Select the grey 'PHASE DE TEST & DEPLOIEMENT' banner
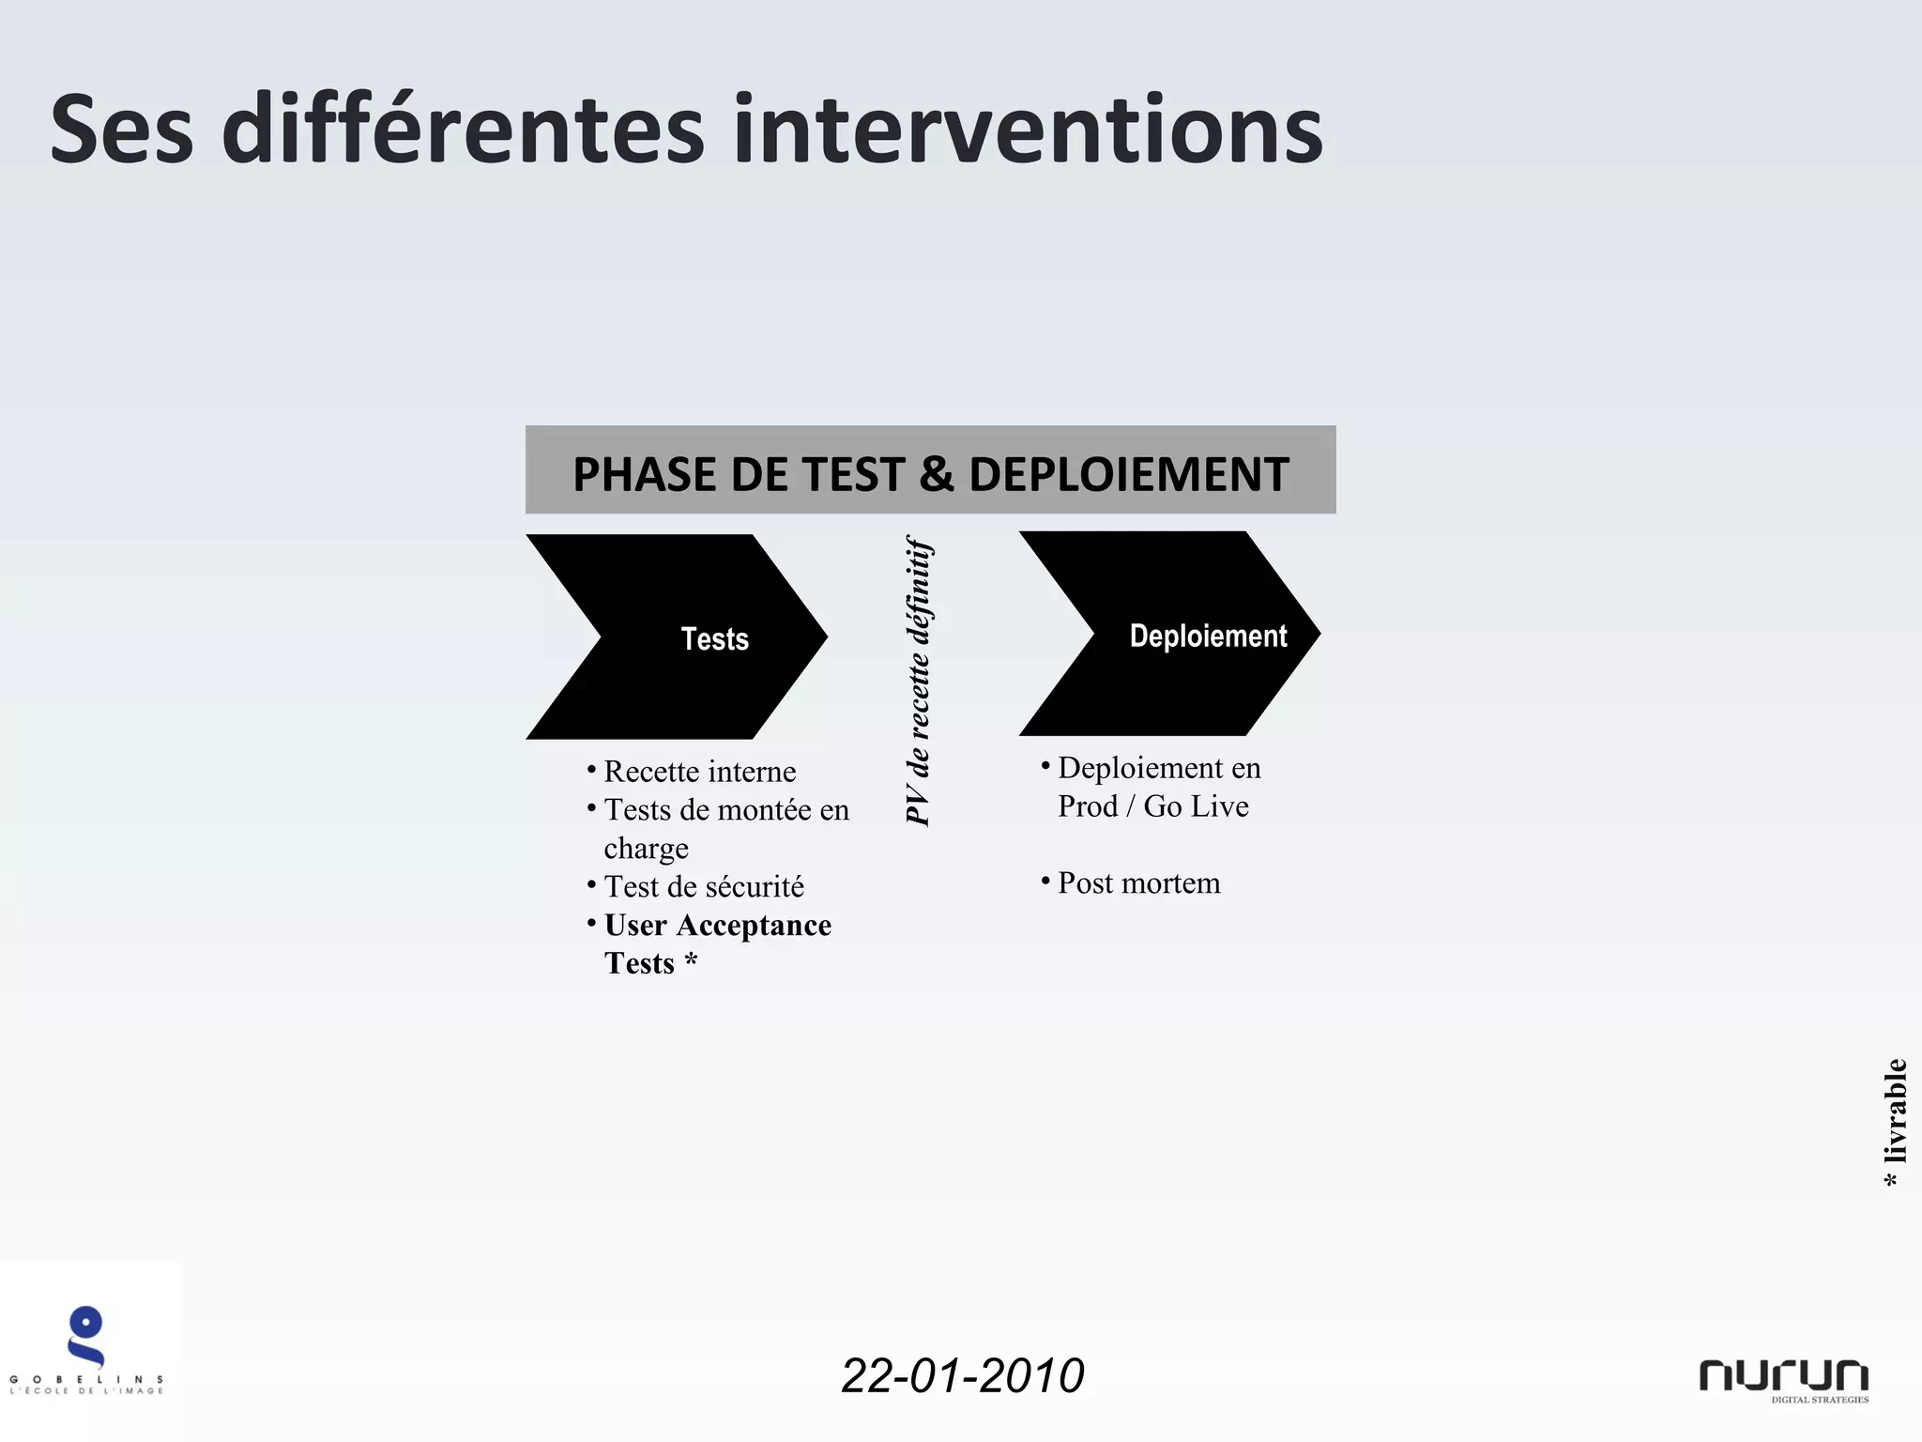930,469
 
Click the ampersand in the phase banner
936,474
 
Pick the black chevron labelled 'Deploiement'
1170,634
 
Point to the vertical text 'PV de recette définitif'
918,681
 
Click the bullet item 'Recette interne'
699,772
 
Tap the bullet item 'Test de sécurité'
704,886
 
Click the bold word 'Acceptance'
754,926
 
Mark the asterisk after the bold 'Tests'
691,962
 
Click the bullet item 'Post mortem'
1138,883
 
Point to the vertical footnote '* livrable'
1894,1122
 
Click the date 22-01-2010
962,1375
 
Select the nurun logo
1783,1379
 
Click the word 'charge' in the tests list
646,849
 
